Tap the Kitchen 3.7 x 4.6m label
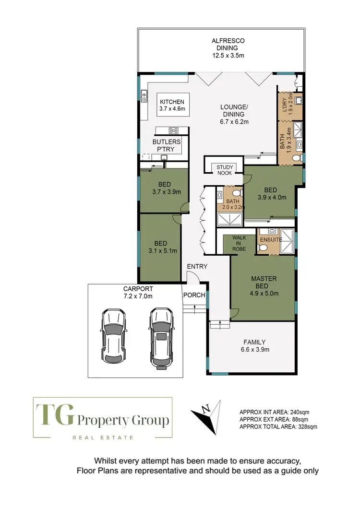[x=172, y=106]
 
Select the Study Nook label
[x=224, y=170]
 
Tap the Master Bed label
[x=262, y=286]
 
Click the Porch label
[x=194, y=295]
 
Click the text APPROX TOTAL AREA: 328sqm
[x=278, y=426]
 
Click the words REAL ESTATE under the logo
[x=102, y=437]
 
